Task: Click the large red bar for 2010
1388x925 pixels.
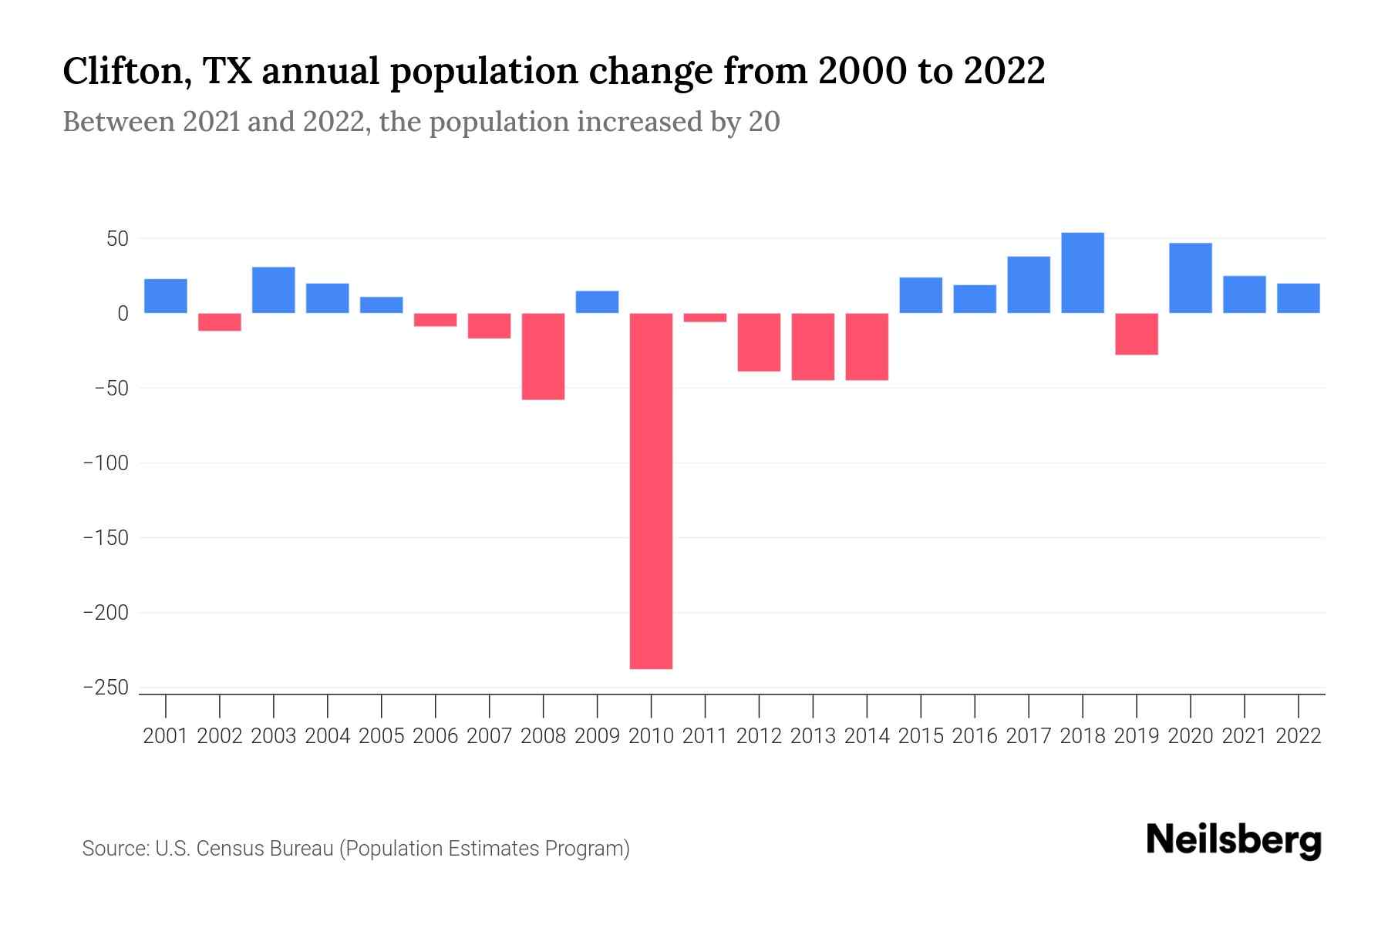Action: pyautogui.click(x=651, y=490)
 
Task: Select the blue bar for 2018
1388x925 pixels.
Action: pyautogui.click(x=1083, y=273)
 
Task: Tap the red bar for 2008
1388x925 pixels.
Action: pyautogui.click(x=543, y=356)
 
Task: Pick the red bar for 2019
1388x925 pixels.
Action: pyautogui.click(x=1137, y=334)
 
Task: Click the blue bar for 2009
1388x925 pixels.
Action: pyautogui.click(x=597, y=301)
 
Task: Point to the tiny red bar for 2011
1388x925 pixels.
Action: pyautogui.click(x=705, y=318)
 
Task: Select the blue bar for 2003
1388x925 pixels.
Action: pyautogui.click(x=274, y=290)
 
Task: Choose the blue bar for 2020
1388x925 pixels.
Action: pyautogui.click(x=1191, y=278)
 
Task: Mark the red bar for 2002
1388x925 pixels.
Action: pyautogui.click(x=220, y=321)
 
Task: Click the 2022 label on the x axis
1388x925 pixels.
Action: pyautogui.click(x=1299, y=736)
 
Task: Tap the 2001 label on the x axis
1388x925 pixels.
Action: pyautogui.click(x=166, y=736)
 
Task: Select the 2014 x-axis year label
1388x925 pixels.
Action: pyautogui.click(x=867, y=736)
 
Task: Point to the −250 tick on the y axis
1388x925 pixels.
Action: pyautogui.click(x=106, y=688)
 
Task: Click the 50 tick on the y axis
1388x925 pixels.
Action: pyautogui.click(x=117, y=239)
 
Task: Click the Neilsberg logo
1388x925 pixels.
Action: pyautogui.click(x=1234, y=840)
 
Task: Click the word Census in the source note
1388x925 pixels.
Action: pyautogui.click(x=233, y=849)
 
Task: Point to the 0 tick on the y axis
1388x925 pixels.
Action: pyautogui.click(x=123, y=314)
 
